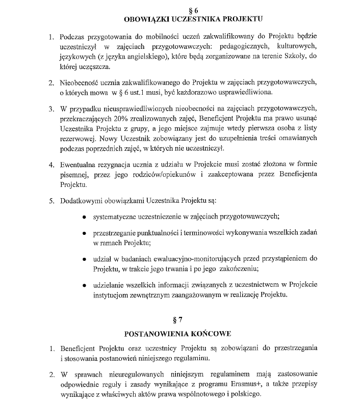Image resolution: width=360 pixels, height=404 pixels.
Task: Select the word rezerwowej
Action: tap(78, 139)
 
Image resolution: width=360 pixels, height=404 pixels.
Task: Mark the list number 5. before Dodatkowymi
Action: tap(51, 200)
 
